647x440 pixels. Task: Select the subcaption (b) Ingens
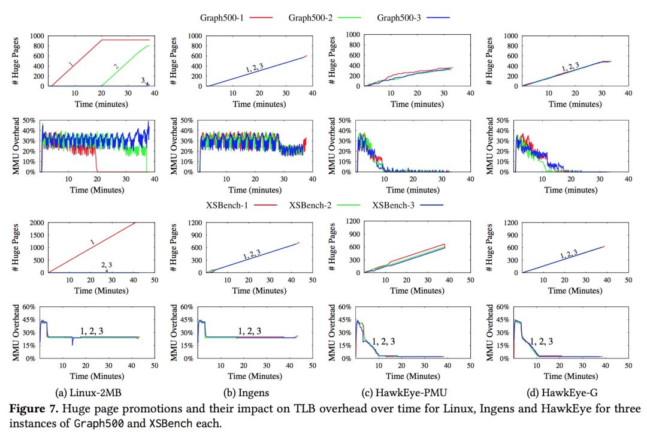[247, 393]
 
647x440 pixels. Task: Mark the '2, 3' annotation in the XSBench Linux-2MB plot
[106, 264]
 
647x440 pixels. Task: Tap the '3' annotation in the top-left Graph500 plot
[143, 79]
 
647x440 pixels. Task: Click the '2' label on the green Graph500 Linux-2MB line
[116, 65]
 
